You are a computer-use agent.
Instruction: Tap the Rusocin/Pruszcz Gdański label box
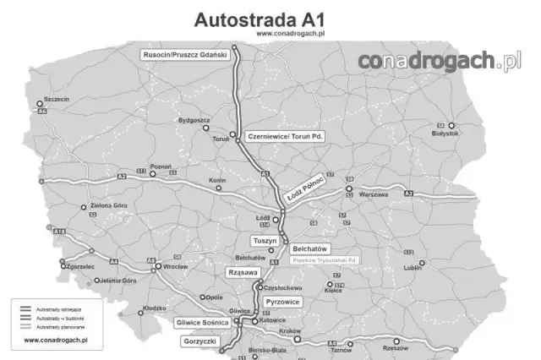(186, 54)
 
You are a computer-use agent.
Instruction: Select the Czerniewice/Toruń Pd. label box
(285, 135)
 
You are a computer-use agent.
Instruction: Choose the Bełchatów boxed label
(309, 249)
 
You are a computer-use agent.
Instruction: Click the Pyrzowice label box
(283, 301)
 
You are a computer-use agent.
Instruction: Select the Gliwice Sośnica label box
(202, 323)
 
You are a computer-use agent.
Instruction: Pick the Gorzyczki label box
(200, 341)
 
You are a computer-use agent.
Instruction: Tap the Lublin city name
(413, 267)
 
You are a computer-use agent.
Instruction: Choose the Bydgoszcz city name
(194, 120)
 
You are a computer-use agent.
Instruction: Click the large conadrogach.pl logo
(439, 62)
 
